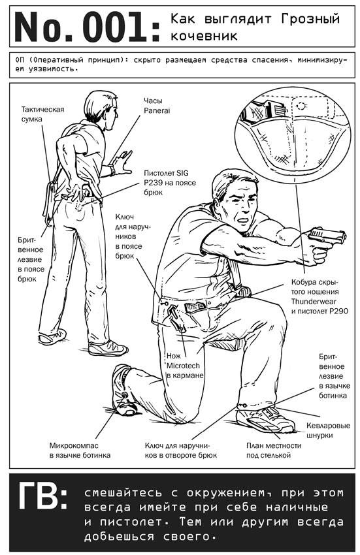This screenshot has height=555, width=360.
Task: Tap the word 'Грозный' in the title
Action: pyautogui.click(x=310, y=19)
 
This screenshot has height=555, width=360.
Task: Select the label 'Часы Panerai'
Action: pyautogui.click(x=157, y=106)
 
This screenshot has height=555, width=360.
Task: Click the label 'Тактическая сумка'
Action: pyautogui.click(x=43, y=114)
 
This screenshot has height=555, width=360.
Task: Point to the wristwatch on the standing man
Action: pyautogui.click(x=112, y=170)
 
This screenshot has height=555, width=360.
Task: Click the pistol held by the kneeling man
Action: pyautogui.click(x=327, y=238)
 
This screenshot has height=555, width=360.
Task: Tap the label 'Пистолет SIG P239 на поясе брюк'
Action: pyautogui.click(x=170, y=183)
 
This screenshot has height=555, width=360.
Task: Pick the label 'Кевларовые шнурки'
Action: pyautogui.click(x=329, y=430)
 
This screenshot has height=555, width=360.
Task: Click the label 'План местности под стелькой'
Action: pyautogui.click(x=274, y=451)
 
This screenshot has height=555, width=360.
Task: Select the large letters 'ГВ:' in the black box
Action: pyautogui.click(x=42, y=496)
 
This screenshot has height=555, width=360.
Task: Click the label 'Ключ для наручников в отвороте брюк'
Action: pyautogui.click(x=181, y=451)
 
